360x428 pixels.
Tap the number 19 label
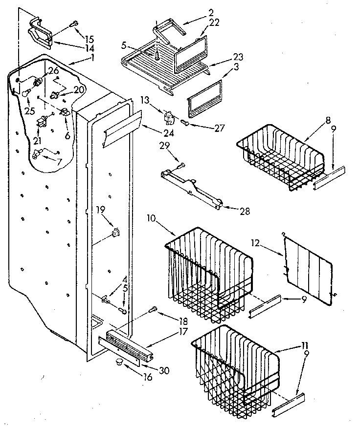click(x=100, y=211)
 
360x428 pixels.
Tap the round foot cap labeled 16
click(x=118, y=363)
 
